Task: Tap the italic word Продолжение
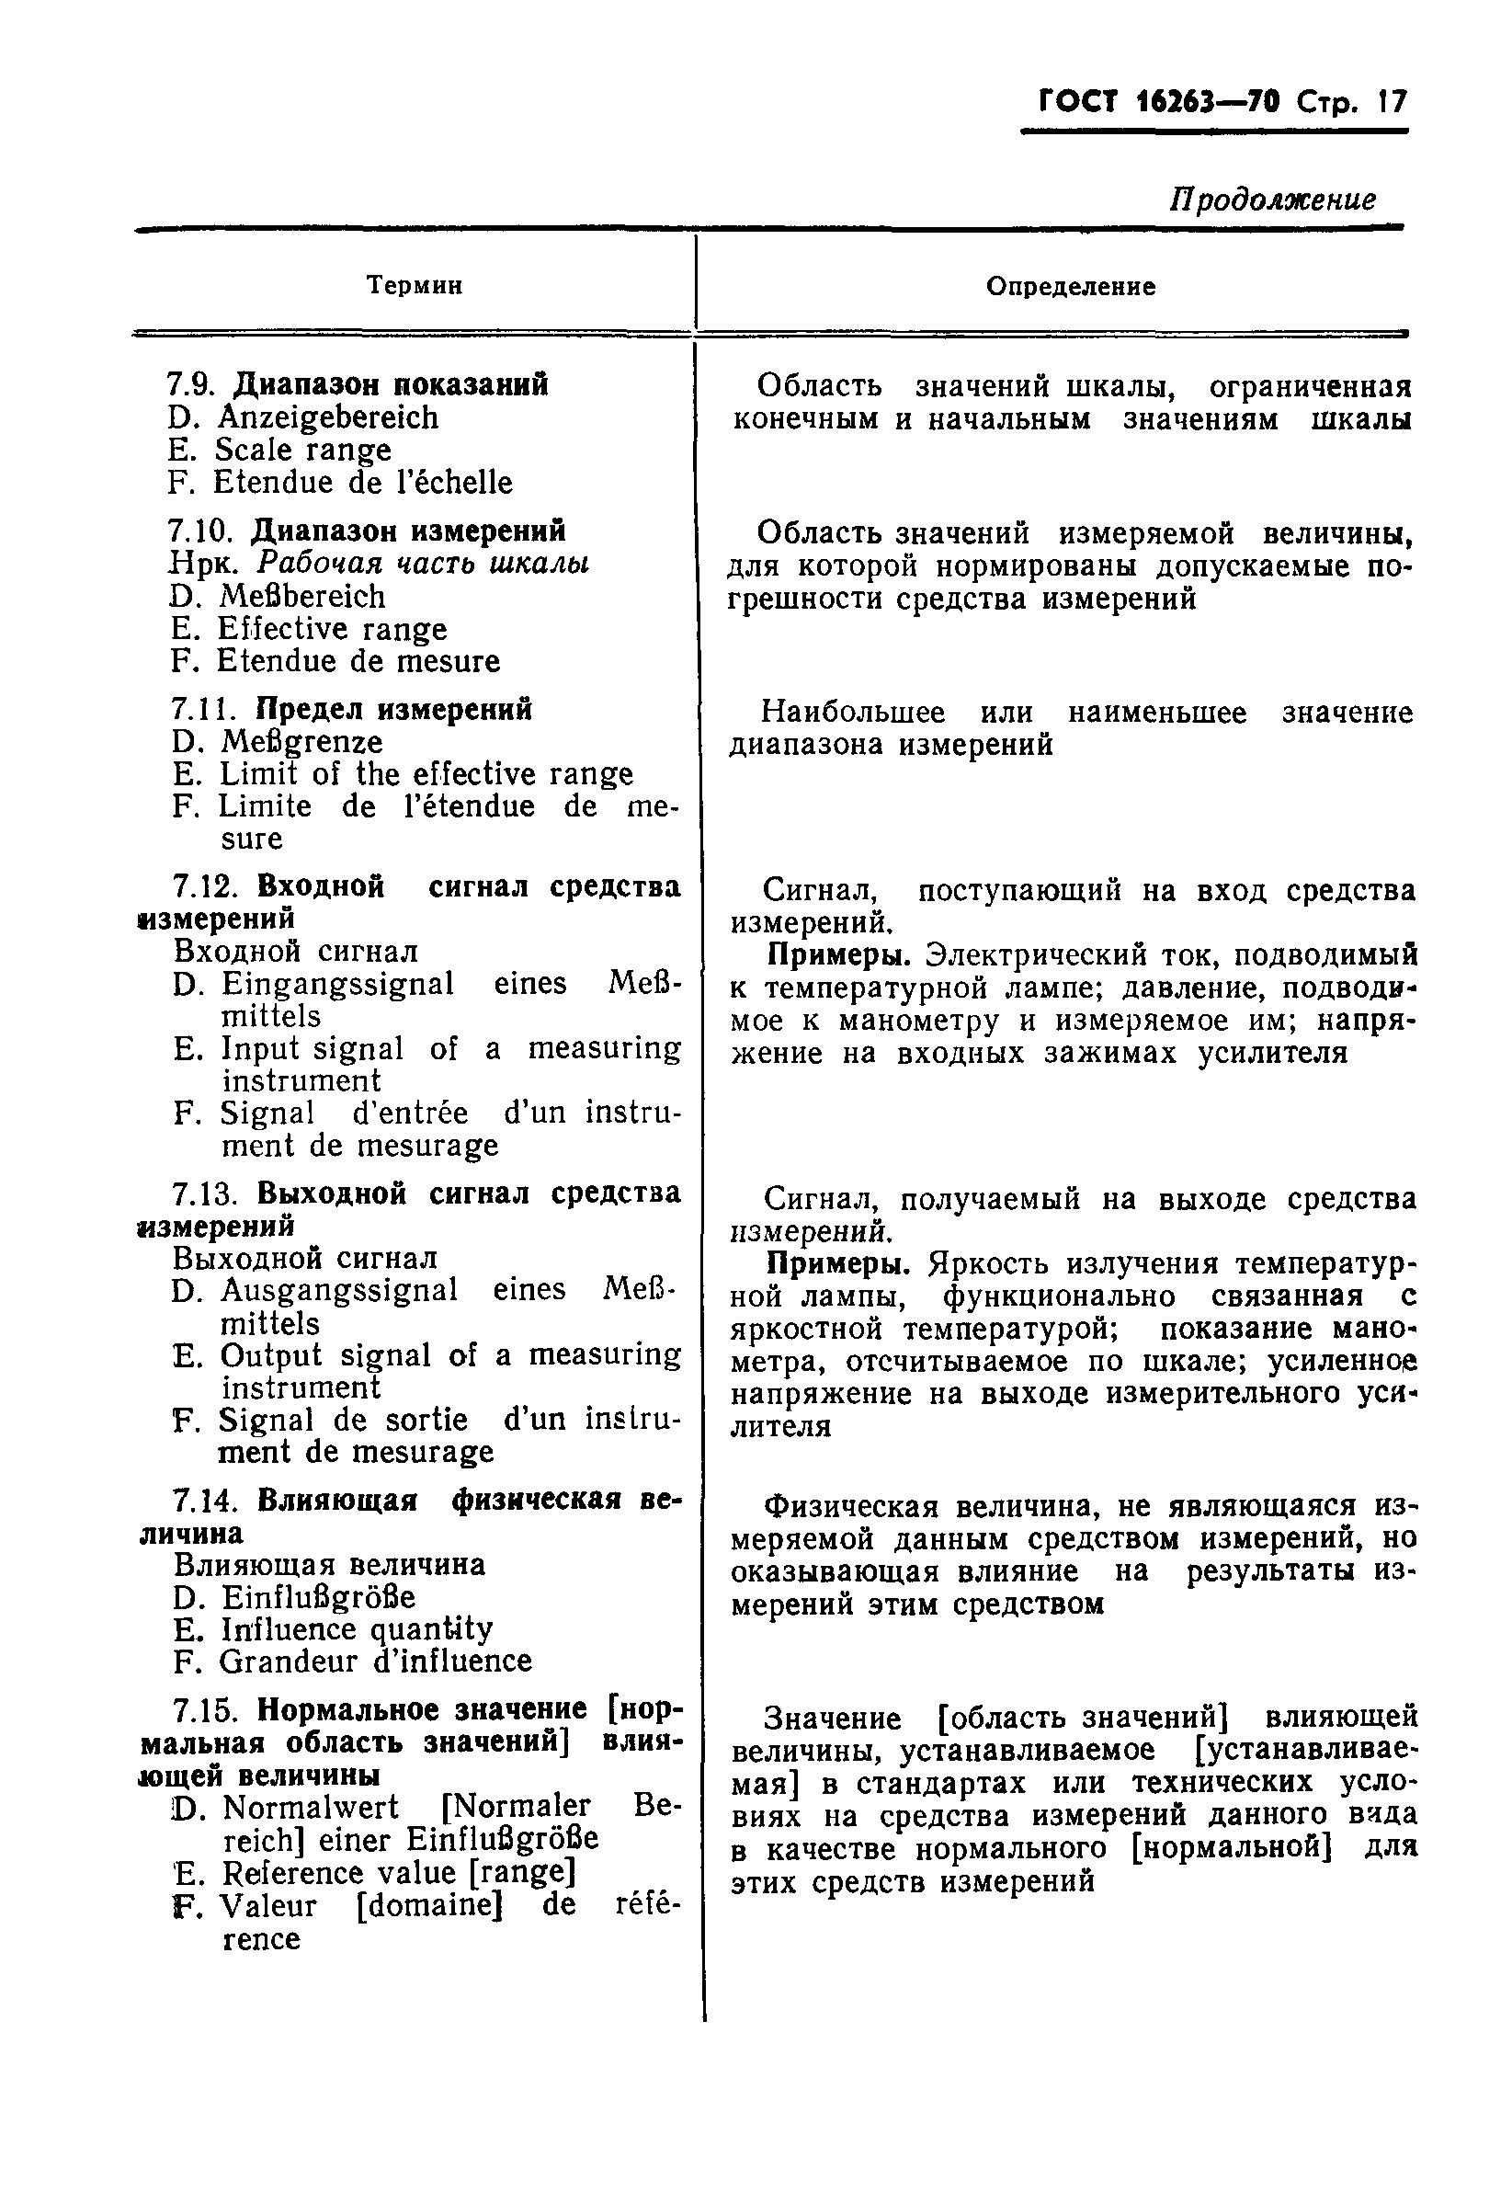click(x=1272, y=200)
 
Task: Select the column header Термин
click(x=415, y=284)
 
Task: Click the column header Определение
click(x=1070, y=286)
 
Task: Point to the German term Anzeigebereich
click(x=328, y=417)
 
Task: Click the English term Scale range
click(x=302, y=450)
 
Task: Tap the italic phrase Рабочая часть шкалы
click(x=423, y=564)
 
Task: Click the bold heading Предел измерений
click(x=394, y=709)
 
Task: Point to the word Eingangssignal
click(x=337, y=984)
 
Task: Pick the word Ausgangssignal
click(x=338, y=1290)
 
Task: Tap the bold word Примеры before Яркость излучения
click(x=838, y=1264)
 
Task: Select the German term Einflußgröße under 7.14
click(x=319, y=1597)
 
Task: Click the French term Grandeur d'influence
click(x=374, y=1662)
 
